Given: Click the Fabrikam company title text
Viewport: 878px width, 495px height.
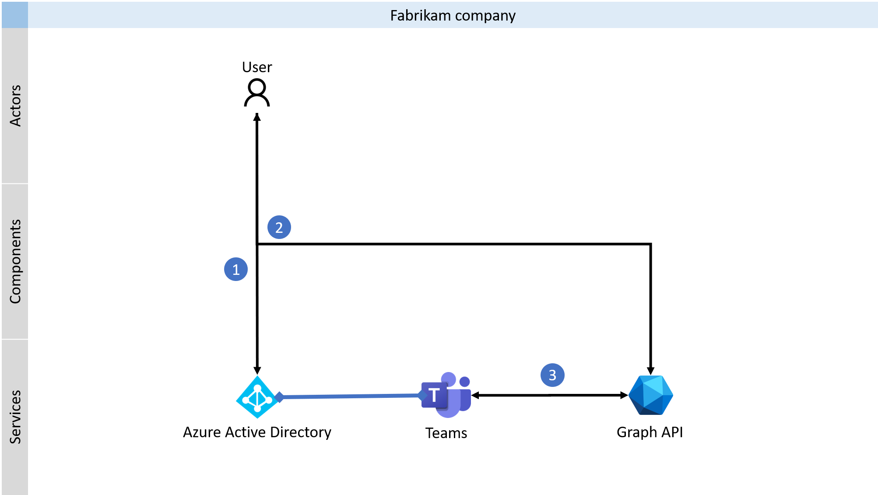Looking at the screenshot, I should [453, 16].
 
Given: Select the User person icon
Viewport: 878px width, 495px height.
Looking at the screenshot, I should [257, 92].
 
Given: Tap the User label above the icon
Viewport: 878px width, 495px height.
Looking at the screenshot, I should [257, 67].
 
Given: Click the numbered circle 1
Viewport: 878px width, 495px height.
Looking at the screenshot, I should [236, 269].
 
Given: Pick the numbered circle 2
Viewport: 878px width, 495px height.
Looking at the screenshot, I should [279, 227].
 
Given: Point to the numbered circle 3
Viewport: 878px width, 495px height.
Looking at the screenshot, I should [552, 375].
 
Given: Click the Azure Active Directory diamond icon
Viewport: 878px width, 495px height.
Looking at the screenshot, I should [257, 397].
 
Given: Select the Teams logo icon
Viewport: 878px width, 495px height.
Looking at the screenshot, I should [446, 395].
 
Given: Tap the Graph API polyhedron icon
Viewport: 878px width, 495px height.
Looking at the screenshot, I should [650, 395].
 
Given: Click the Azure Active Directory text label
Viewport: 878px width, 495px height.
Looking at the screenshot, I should [257, 432].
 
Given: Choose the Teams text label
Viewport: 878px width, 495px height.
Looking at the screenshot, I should [446, 433].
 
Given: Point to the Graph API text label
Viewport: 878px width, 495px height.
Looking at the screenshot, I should [650, 432].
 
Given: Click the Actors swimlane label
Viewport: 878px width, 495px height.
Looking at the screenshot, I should [15, 105].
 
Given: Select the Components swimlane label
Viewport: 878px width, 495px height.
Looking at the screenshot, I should [15, 261].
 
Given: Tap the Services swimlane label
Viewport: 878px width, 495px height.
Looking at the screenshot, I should [15, 417].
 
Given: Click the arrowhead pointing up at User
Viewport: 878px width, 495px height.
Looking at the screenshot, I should [257, 117].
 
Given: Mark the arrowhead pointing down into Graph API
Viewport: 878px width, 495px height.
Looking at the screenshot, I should [651, 371].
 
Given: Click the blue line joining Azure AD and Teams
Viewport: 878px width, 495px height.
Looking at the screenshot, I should [350, 396].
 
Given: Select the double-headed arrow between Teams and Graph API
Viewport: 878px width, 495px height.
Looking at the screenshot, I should [550, 395].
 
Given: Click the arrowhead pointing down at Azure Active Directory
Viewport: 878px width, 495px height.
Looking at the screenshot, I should [257, 370].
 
